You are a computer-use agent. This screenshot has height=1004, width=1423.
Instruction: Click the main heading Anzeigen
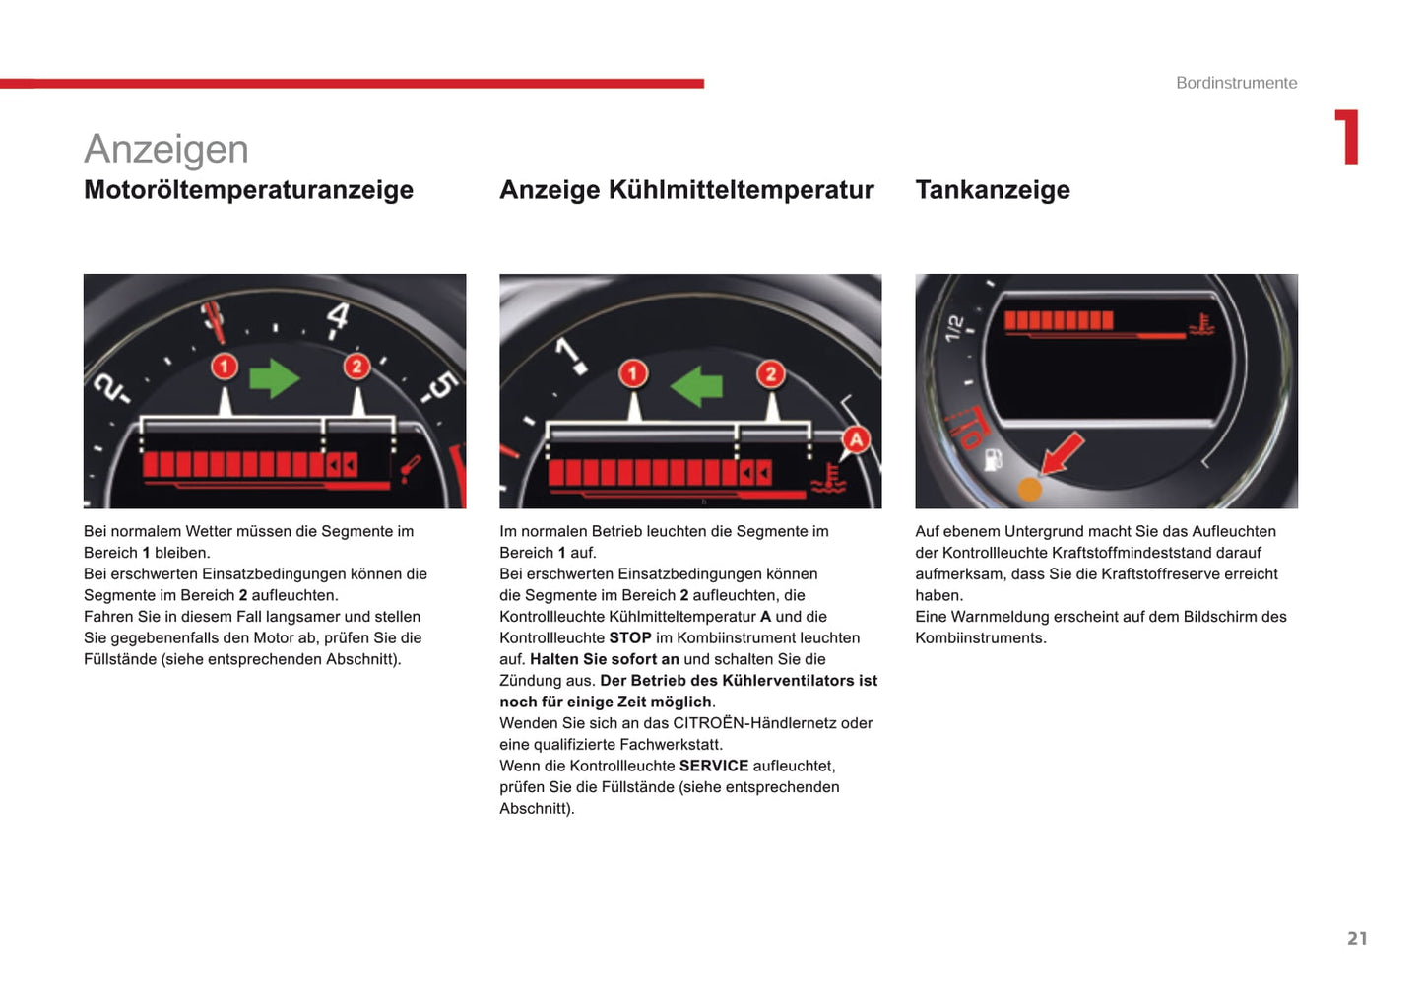(x=165, y=150)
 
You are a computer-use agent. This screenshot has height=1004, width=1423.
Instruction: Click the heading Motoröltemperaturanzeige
(x=248, y=190)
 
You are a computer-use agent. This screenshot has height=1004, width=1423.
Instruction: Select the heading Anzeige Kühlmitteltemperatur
(x=686, y=190)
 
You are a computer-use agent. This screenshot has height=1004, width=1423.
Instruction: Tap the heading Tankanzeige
(x=992, y=190)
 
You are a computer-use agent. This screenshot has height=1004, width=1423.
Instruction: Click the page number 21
(x=1356, y=938)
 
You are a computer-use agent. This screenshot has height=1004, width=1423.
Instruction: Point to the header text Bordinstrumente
(x=1236, y=83)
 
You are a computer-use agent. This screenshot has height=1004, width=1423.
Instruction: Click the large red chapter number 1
(x=1347, y=137)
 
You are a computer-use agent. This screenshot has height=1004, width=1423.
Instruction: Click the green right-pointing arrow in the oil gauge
(x=274, y=378)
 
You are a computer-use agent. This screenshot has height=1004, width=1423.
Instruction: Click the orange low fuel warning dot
(x=1029, y=489)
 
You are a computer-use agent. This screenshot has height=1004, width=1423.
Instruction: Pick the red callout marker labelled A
(x=856, y=439)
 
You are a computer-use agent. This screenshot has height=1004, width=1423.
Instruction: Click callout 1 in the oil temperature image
(x=225, y=367)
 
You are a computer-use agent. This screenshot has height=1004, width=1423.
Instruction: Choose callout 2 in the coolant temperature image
(x=770, y=373)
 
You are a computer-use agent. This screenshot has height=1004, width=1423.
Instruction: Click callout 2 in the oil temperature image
(x=356, y=367)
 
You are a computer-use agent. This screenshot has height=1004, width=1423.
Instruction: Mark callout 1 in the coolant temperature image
(x=632, y=373)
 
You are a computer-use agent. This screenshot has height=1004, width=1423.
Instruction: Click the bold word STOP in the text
(x=630, y=638)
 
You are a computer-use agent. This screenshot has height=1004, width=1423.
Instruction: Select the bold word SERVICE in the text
(x=713, y=766)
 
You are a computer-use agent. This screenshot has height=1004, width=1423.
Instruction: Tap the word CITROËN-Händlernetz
(x=748, y=723)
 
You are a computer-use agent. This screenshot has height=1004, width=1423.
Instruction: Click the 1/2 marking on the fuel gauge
(x=953, y=327)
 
